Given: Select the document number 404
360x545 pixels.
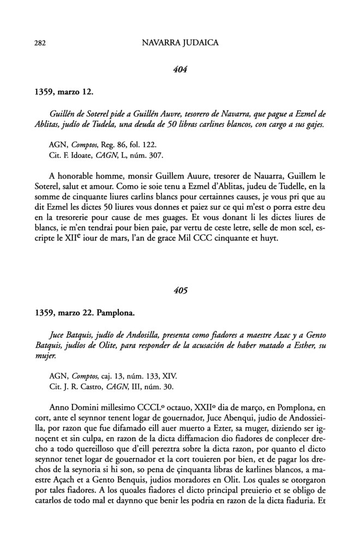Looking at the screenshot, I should pyautogui.click(x=179, y=69).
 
